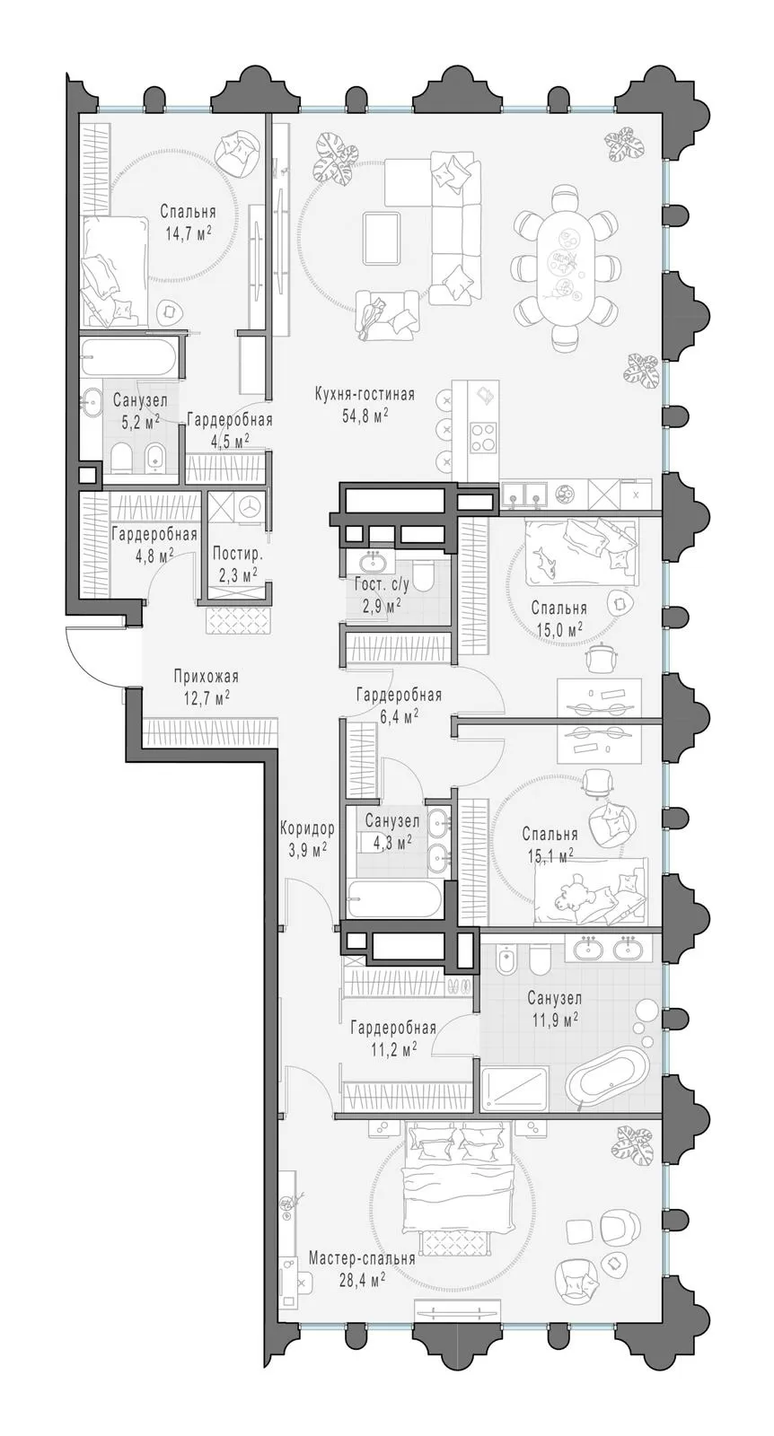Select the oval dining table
(x=564, y=263)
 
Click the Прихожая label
(x=206, y=676)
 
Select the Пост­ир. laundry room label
(x=237, y=554)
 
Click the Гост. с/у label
(x=378, y=584)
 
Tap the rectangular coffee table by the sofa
(x=382, y=237)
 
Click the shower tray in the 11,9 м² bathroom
(x=515, y=1088)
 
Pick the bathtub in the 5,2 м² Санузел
(x=129, y=359)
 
